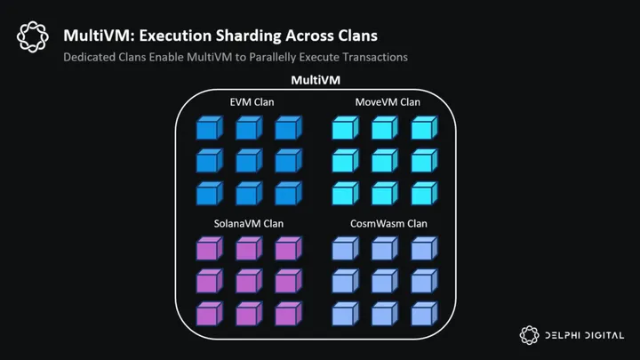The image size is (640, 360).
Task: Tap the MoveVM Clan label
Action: pyautogui.click(x=388, y=102)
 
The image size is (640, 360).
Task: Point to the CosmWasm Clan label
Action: pyautogui.click(x=388, y=223)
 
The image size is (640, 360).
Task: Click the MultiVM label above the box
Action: pyautogui.click(x=317, y=81)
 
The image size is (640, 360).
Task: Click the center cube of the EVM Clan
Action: pyautogui.click(x=247, y=161)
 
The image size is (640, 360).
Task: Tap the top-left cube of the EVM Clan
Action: pyautogui.click(x=208, y=129)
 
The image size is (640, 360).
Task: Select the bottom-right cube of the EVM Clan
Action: pyautogui.click(x=285, y=193)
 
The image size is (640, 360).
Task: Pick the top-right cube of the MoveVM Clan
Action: pyautogui.click(x=423, y=129)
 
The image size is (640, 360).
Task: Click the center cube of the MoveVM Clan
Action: pyautogui.click(x=384, y=161)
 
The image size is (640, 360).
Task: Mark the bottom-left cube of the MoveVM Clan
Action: pyautogui.click(x=345, y=193)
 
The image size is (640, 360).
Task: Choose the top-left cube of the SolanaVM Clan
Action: pyautogui.click(x=208, y=250)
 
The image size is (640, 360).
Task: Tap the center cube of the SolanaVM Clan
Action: pyautogui.click(x=247, y=282)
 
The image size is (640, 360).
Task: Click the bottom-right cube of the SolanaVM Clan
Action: pyautogui.click(x=285, y=314)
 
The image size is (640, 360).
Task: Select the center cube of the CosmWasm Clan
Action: pyautogui.click(x=384, y=282)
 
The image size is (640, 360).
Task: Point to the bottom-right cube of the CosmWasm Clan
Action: pyautogui.click(x=423, y=314)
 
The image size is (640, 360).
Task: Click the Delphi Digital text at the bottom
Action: pyautogui.click(x=584, y=336)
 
